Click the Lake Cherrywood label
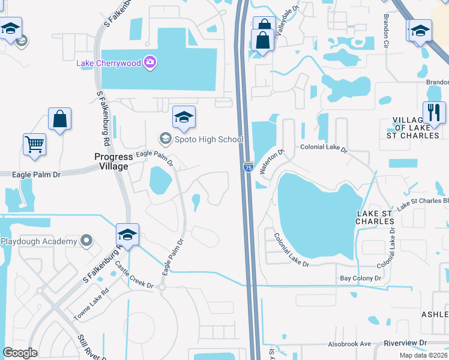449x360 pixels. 109,62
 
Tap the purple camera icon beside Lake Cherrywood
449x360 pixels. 150,62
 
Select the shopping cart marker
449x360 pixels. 34,144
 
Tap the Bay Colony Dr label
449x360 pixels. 361,278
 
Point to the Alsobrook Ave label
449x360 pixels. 349,344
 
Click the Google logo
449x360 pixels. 20,353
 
